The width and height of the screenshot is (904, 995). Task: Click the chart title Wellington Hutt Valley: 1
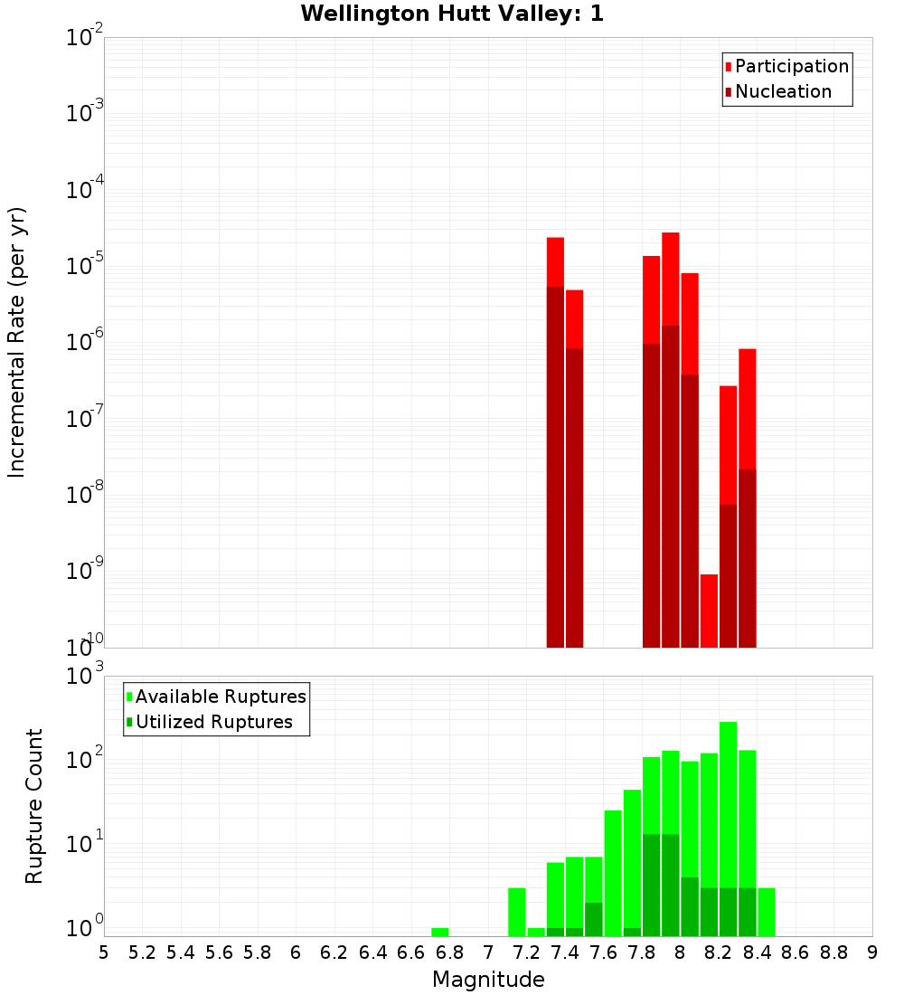452,14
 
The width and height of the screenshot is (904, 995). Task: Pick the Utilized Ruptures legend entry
213,723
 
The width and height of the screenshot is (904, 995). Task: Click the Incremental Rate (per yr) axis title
17,343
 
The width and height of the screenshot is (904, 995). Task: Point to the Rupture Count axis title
34,806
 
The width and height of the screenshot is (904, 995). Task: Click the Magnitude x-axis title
488,980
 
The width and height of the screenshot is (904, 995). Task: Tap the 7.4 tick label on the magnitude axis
565,952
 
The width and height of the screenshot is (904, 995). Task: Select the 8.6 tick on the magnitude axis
796,952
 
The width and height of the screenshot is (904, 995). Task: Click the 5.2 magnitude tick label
143,952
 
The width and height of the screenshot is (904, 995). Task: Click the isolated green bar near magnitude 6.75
440,932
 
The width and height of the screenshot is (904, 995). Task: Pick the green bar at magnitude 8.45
767,912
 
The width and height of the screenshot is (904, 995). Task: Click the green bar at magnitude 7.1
517,912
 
